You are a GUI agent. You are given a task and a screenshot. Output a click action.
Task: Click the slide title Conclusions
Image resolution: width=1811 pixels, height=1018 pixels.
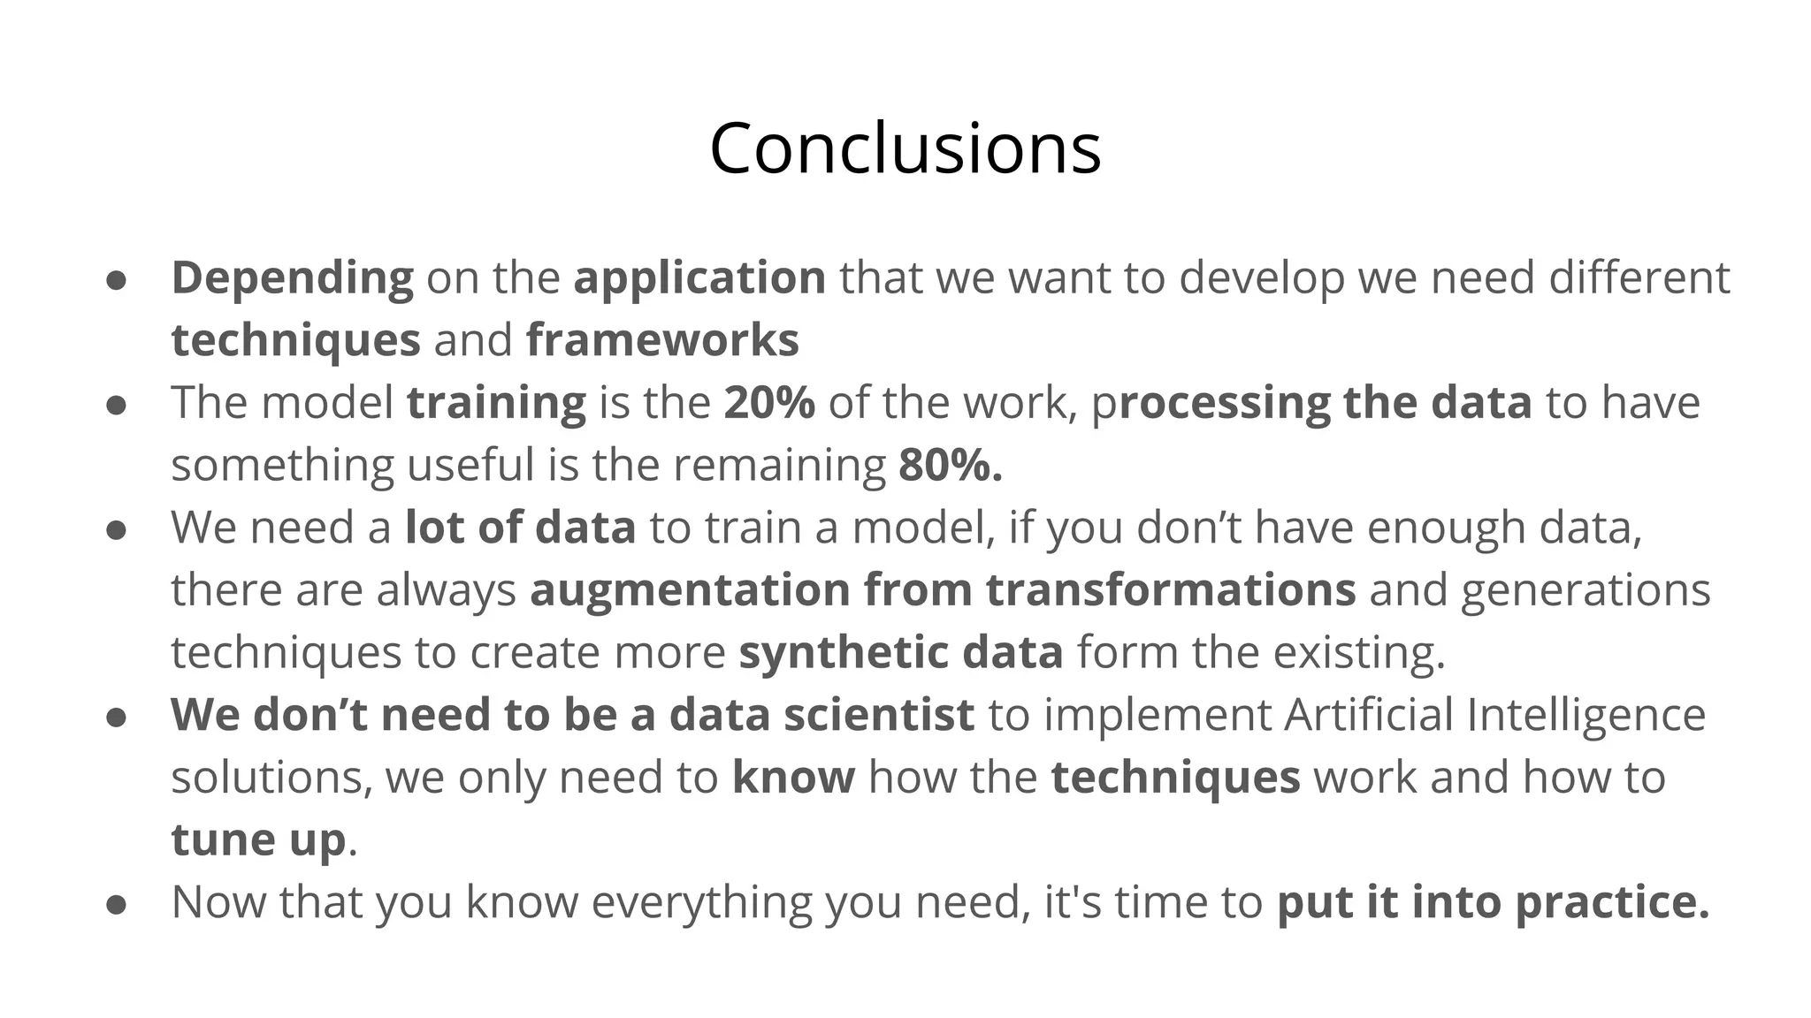[905, 148]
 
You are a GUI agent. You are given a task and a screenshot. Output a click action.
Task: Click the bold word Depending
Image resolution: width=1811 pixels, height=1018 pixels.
[292, 278]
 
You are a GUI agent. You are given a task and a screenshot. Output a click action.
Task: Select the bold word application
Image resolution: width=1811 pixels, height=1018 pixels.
[699, 278]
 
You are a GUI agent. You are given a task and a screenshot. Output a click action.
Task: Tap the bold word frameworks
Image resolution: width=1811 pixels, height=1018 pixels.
[662, 340]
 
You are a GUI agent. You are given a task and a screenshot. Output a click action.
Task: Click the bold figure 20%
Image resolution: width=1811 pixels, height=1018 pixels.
[769, 403]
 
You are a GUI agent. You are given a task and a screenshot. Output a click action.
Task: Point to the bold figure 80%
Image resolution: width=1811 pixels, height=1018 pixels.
[950, 466]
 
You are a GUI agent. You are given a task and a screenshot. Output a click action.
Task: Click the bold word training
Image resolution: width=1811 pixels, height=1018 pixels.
[496, 403]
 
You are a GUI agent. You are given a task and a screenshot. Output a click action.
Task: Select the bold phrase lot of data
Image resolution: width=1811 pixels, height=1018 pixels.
[520, 528]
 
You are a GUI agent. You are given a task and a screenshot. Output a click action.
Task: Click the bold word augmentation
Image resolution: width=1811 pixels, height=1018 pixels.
[690, 590]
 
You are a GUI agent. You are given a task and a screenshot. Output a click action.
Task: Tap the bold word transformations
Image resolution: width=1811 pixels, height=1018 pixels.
[1171, 590]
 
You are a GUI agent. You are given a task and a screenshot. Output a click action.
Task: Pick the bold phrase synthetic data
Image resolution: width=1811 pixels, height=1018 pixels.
[901, 653]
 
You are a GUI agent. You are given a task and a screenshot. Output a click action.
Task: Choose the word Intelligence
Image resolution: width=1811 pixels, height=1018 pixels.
[1586, 715]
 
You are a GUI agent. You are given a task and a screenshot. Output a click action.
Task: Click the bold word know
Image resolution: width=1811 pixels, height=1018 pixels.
[793, 778]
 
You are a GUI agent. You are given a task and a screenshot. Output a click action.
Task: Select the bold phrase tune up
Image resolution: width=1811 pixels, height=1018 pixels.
[258, 839]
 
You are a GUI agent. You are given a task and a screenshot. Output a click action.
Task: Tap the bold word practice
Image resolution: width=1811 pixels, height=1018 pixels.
[1611, 903]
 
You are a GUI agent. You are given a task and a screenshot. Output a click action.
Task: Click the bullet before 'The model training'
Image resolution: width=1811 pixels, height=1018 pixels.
[116, 405]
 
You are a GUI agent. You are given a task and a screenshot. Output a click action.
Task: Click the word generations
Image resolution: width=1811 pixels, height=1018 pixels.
[1585, 590]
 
